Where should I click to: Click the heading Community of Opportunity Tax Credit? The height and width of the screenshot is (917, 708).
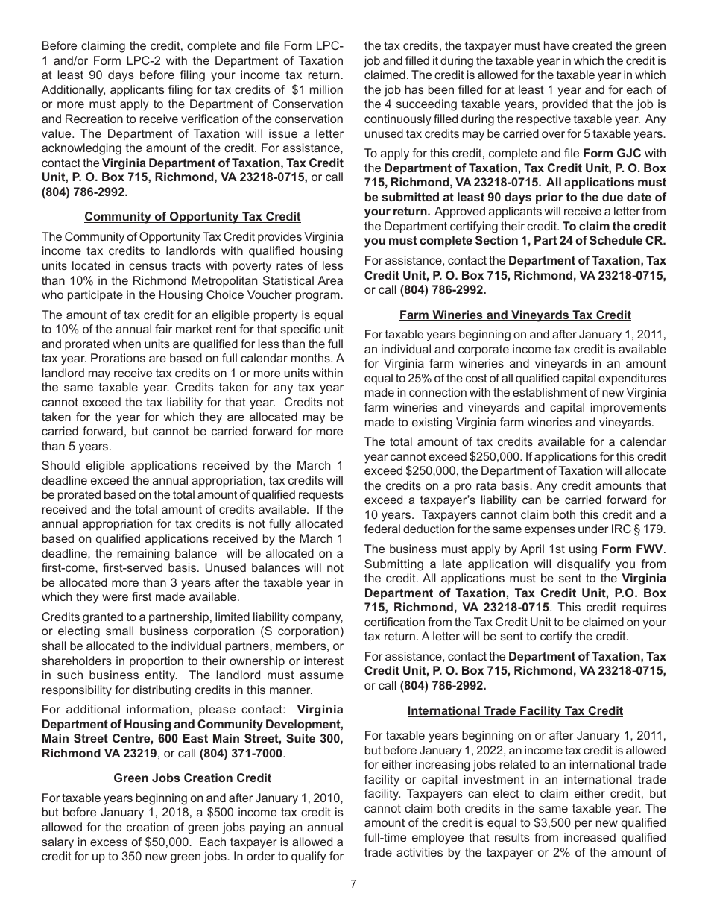click(x=192, y=216)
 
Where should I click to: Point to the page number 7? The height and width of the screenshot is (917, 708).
click(x=354, y=884)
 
